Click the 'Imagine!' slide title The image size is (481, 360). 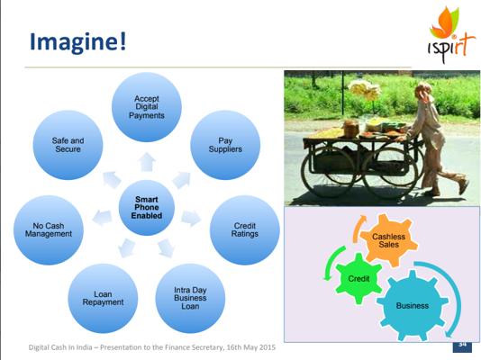point(77,42)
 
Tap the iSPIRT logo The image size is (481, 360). point(448,34)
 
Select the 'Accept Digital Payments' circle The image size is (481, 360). point(147,107)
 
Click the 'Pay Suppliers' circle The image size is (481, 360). point(225,145)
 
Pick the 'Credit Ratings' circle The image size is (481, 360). point(245,230)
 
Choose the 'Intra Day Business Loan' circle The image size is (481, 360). point(190,298)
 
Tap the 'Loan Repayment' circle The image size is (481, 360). point(103,298)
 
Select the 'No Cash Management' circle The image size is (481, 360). point(49,230)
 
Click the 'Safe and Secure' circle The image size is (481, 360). point(68,145)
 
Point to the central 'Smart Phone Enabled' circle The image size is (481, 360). point(147,208)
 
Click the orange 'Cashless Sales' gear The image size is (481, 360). point(388,240)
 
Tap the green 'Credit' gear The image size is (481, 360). point(358,278)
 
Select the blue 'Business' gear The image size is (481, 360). point(413,305)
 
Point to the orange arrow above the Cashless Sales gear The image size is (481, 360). point(357,229)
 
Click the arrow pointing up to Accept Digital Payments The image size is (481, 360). point(147,162)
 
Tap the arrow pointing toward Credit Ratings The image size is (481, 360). point(191,218)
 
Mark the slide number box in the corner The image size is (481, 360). point(462,346)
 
